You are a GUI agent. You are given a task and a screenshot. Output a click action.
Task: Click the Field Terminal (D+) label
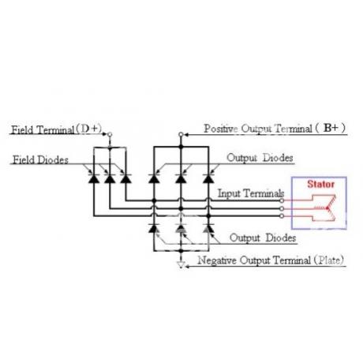click(x=56, y=129)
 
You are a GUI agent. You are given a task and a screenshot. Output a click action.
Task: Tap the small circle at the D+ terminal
click(x=110, y=135)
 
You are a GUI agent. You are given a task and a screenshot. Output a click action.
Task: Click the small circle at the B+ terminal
click(x=181, y=135)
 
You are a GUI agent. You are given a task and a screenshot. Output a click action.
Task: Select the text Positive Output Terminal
click(x=258, y=129)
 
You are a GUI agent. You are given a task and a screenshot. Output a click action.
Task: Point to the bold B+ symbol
click(x=331, y=128)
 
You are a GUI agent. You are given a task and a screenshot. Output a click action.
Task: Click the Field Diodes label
click(x=41, y=159)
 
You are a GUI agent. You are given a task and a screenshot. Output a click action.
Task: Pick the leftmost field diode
click(x=94, y=178)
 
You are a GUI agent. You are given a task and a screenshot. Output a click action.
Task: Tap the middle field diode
click(x=110, y=178)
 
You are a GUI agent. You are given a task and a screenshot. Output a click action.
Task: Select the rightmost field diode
click(x=126, y=178)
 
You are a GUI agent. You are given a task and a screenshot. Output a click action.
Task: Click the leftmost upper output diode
click(x=154, y=178)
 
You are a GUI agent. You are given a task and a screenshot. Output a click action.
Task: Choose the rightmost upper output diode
click(x=208, y=178)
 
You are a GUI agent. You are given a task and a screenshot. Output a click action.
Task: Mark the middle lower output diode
click(x=181, y=228)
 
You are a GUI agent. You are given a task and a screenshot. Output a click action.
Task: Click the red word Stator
click(x=320, y=184)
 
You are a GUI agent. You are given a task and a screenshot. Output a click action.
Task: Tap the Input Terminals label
click(x=251, y=193)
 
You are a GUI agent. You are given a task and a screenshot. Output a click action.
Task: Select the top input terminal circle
click(x=282, y=200)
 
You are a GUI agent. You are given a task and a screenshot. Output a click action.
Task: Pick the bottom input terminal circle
click(x=282, y=216)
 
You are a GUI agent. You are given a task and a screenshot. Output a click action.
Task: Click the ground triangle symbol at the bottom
click(x=181, y=265)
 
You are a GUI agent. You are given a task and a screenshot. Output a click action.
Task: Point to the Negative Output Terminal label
click(x=254, y=260)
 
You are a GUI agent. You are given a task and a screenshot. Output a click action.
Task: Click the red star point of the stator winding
click(x=327, y=208)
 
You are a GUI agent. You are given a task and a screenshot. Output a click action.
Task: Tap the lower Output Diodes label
click(x=263, y=238)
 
